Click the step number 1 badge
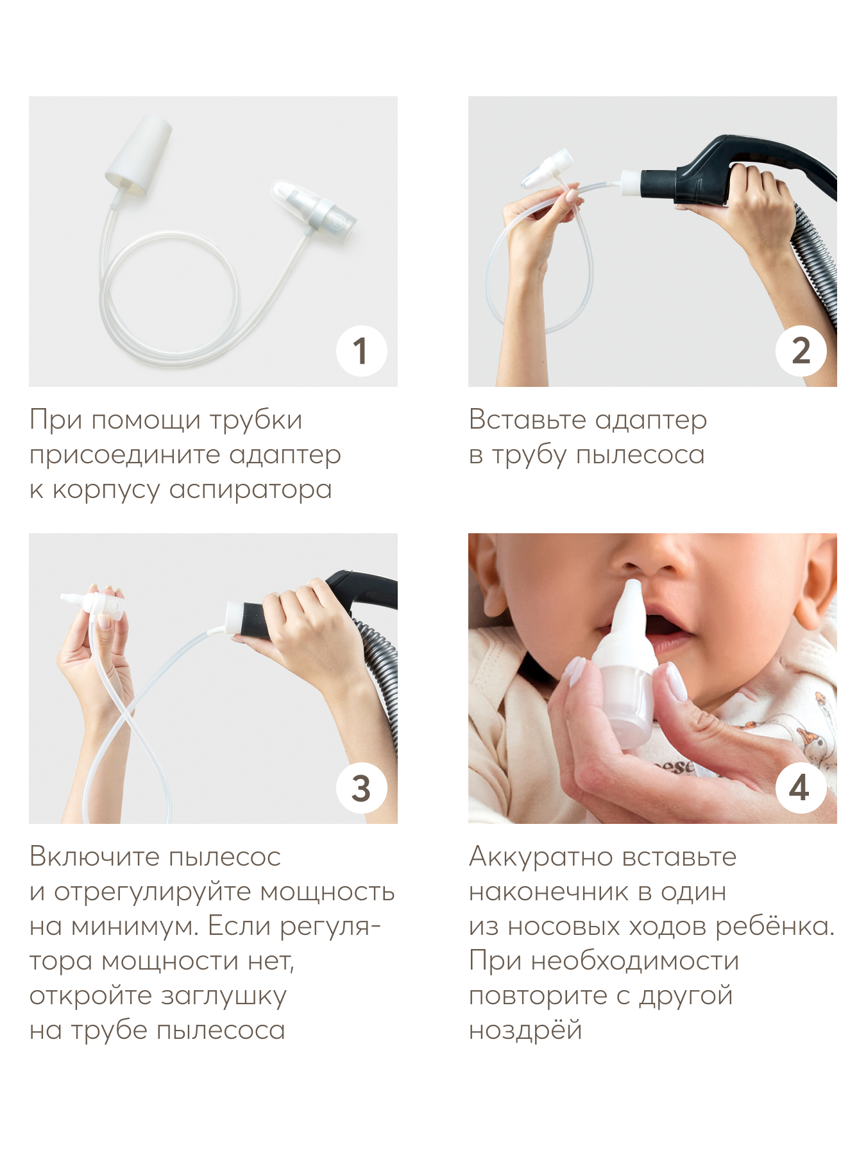pos(362,351)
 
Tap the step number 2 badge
pos(801,351)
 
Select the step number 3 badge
pos(362,788)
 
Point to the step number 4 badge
pos(801,788)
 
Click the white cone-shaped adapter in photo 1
pos(139,154)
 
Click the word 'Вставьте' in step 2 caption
pos(528,420)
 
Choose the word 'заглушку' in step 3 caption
pos(223,997)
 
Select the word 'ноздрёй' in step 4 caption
pos(525,1031)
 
